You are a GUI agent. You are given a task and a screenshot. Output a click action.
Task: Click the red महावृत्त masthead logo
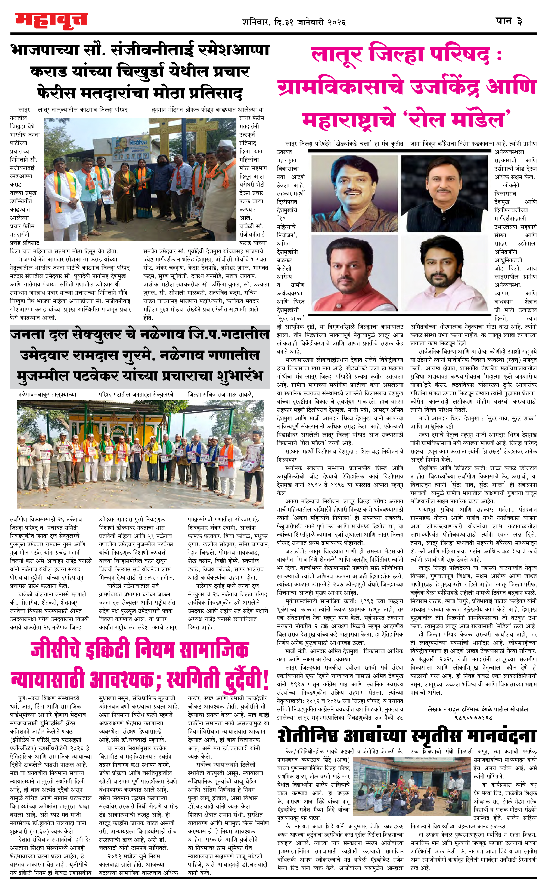(x=51, y=20)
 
